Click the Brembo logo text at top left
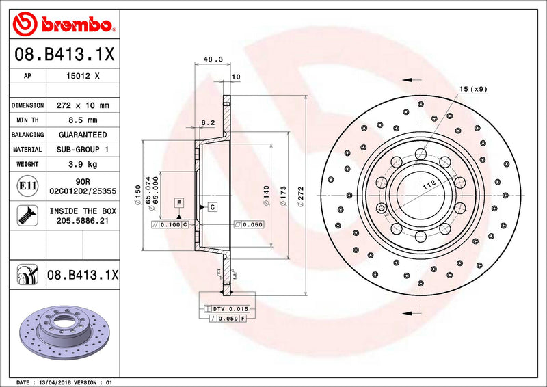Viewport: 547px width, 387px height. coord(76,25)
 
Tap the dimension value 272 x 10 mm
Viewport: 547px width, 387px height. coord(83,106)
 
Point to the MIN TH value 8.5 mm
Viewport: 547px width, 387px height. coord(83,120)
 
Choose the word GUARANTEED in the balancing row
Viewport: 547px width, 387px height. coord(83,135)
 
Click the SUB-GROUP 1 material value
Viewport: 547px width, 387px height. coord(83,149)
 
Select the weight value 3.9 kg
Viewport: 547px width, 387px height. coord(83,164)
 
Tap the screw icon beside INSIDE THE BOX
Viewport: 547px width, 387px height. coord(22,216)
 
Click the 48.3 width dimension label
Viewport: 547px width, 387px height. coord(213,60)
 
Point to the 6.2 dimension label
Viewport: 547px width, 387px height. coord(208,123)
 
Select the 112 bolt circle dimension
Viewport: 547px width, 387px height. coord(428,184)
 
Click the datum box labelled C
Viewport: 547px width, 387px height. coord(212,206)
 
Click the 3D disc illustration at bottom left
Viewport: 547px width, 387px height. coord(64,328)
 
